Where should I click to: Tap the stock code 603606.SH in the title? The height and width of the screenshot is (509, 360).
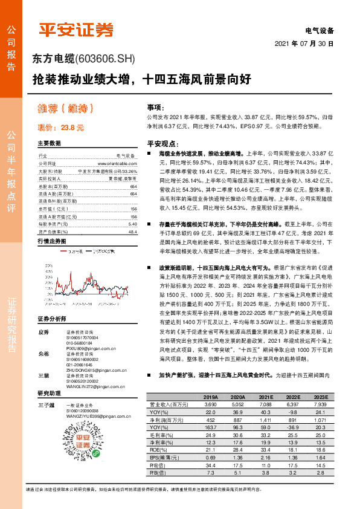[x=105, y=59]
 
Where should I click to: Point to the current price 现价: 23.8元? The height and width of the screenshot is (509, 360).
[x=60, y=128]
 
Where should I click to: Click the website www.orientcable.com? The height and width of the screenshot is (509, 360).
[x=111, y=163]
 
